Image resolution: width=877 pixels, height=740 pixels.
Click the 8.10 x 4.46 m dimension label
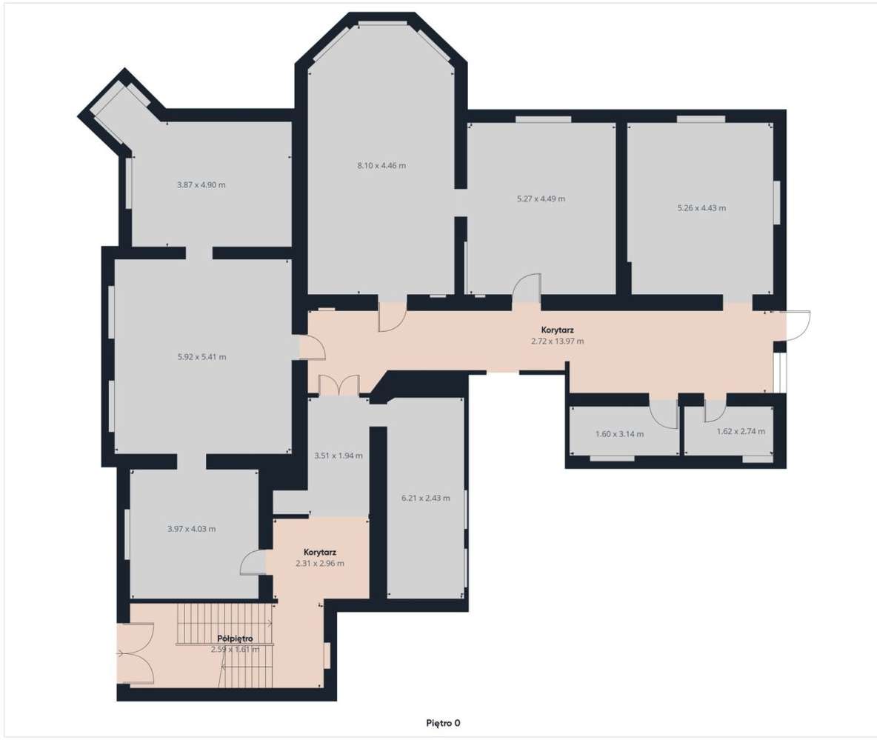click(381, 165)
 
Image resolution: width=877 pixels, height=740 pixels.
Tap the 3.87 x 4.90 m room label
click(201, 184)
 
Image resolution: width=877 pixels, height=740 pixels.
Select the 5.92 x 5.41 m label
click(201, 356)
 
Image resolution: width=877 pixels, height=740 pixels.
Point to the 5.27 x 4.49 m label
click(540, 199)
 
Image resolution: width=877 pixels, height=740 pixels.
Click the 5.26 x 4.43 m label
click(701, 208)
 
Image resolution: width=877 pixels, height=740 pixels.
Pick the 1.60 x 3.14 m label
click(619, 434)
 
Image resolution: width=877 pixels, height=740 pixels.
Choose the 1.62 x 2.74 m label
click(741, 431)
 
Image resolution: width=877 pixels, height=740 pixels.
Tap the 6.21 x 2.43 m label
click(425, 498)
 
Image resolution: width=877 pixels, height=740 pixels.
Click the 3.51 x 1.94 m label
click(338, 456)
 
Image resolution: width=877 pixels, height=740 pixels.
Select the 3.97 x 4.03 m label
click(191, 529)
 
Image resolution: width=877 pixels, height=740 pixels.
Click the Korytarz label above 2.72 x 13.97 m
click(557, 330)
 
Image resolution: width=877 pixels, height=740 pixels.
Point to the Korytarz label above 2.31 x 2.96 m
click(320, 552)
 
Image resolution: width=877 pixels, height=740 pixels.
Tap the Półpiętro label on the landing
click(236, 638)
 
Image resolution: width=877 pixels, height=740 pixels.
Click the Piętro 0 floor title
click(443, 722)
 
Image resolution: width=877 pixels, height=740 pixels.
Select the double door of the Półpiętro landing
click(136, 653)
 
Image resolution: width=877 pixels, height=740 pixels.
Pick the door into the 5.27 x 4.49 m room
click(527, 289)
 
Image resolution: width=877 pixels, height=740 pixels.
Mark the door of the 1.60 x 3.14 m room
click(664, 413)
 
